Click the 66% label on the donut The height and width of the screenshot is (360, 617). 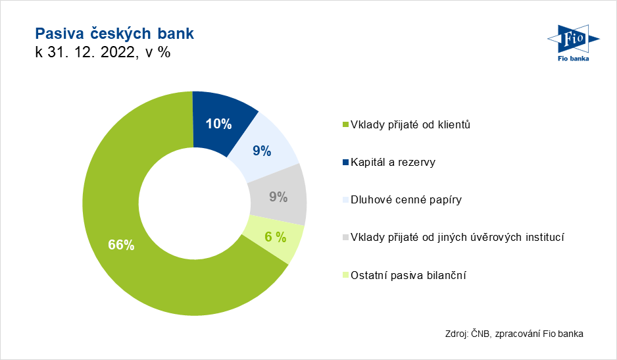[121, 245]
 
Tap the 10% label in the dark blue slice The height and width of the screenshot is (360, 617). [219, 124]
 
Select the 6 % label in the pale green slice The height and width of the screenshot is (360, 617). [276, 237]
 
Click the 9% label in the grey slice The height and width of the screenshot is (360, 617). [278, 197]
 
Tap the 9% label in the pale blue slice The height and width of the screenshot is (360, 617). [262, 151]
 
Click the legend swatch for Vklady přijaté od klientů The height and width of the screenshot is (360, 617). [345, 125]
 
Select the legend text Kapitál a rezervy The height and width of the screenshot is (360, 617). [393, 163]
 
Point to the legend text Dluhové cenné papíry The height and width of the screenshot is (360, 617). [406, 199]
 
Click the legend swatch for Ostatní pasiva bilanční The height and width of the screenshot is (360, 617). [345, 275]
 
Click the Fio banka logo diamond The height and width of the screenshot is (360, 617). [574, 39]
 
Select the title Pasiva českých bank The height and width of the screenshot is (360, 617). [114, 34]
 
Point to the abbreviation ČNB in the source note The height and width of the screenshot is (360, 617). [481, 334]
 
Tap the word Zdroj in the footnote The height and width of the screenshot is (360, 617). [457, 334]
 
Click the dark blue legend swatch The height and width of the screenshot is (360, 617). [345, 163]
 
